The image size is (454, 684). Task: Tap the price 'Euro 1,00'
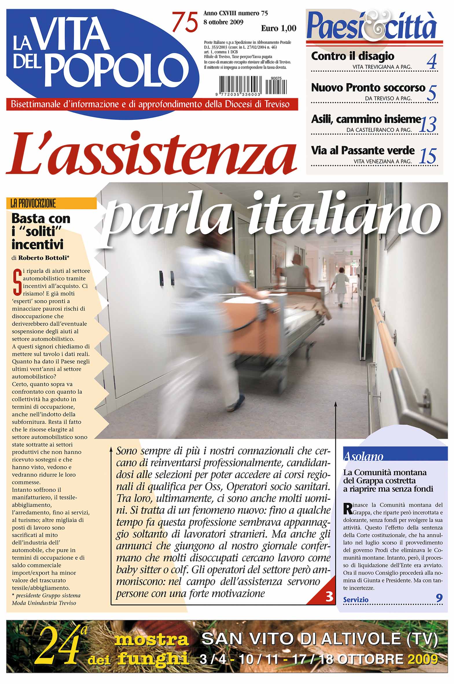point(279,28)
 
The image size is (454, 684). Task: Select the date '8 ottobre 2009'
point(223,22)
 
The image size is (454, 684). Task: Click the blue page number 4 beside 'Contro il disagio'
point(431,63)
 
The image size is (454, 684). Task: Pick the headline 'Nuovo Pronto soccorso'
point(368,87)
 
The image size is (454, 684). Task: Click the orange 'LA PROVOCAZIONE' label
point(33,204)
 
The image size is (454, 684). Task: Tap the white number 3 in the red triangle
point(329,597)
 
